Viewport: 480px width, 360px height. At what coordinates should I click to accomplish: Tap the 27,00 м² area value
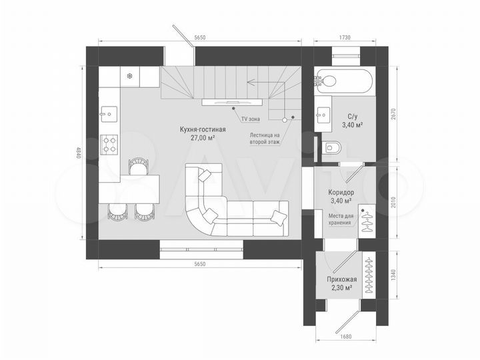pyautogui.click(x=203, y=138)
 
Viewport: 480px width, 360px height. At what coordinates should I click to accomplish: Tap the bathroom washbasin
pyautogui.click(x=325, y=113)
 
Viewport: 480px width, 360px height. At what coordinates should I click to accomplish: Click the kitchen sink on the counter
pyautogui.click(x=109, y=113)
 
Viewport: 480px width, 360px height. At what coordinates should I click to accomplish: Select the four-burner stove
pyautogui.click(x=109, y=144)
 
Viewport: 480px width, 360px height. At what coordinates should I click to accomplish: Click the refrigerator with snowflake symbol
pyautogui.click(x=129, y=77)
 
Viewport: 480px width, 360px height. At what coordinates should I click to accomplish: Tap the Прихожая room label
pyautogui.click(x=341, y=279)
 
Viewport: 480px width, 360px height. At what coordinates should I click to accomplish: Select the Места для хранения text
pyautogui.click(x=341, y=219)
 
